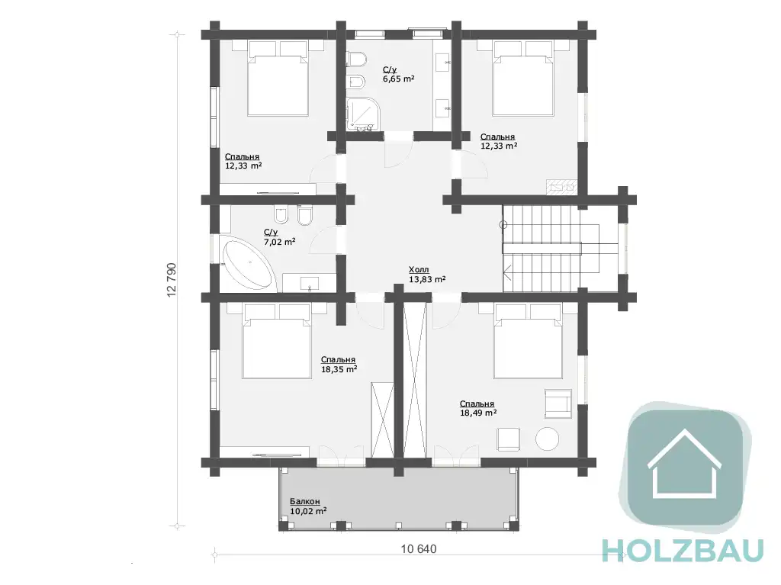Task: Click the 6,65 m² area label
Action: pyautogui.click(x=398, y=79)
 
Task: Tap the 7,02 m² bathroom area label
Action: pyautogui.click(x=279, y=242)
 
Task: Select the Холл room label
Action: pyautogui.click(x=419, y=269)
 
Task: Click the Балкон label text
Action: pyautogui.click(x=305, y=501)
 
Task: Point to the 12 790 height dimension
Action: pyautogui.click(x=172, y=280)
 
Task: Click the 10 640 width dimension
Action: pyautogui.click(x=419, y=548)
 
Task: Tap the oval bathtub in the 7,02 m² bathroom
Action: pyautogui.click(x=248, y=265)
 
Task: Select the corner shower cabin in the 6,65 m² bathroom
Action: pyautogui.click(x=364, y=114)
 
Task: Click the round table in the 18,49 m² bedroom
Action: pyautogui.click(x=547, y=439)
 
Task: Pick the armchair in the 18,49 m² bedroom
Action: pyautogui.click(x=558, y=403)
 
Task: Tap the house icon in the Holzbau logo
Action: pyautogui.click(x=684, y=464)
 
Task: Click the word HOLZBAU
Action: pyautogui.click(x=683, y=550)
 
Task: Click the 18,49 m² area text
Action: pyautogui.click(x=478, y=413)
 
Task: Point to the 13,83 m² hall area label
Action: pyautogui.click(x=427, y=280)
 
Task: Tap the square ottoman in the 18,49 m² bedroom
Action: pyautogui.click(x=508, y=439)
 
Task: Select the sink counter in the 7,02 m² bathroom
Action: pyautogui.click(x=310, y=282)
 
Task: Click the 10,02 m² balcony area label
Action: pyautogui.click(x=308, y=511)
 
